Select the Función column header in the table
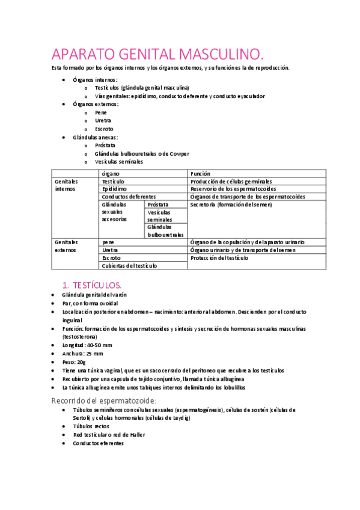tap(200, 173)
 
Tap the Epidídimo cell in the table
tap(114, 189)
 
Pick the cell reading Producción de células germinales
tap(231, 181)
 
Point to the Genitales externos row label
tap(66, 245)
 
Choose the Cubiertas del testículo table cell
tap(129, 265)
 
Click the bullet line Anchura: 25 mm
tap(82, 354)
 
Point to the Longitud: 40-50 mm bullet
tap(87, 345)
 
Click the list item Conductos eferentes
tap(98, 443)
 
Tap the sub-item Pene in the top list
tap(101, 112)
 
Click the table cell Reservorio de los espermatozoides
tap(237, 189)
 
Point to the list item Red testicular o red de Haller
tap(109, 434)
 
